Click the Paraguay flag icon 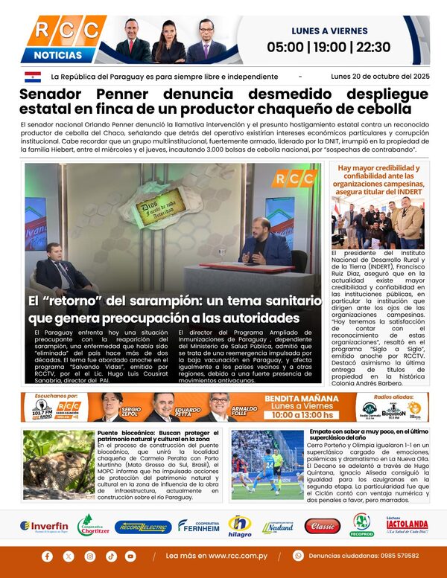tap(33, 77)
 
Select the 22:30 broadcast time tap(373, 48)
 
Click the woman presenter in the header tap(168, 42)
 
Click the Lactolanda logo tap(406, 526)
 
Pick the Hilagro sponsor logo tap(239, 526)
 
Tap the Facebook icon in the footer tap(48, 556)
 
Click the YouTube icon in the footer tap(130, 556)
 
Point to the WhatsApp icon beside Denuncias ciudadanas tap(298, 556)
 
